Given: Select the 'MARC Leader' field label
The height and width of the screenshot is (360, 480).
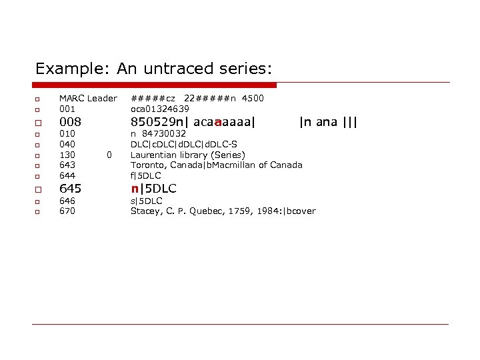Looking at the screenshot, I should point(88,98).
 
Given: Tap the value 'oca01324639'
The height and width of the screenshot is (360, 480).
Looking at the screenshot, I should point(159,109).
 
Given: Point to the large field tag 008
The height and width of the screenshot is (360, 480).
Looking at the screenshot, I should point(71,122).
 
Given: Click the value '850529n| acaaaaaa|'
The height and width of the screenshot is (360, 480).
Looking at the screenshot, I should point(193,122).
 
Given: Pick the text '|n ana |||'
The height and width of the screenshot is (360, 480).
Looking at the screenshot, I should point(328,122).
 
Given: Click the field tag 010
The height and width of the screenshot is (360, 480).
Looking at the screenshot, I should point(67,133).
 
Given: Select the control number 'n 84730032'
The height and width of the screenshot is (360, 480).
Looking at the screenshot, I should point(158,133).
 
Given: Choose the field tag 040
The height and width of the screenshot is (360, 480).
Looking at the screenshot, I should point(67,144).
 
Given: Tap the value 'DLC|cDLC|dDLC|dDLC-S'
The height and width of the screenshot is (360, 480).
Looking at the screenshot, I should point(183,144).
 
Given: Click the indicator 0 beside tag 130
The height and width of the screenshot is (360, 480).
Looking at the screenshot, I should point(109,155).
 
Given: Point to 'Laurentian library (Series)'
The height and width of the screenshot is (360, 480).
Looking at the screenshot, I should point(187,155).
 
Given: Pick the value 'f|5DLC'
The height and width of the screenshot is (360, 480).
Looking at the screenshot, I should point(145,175).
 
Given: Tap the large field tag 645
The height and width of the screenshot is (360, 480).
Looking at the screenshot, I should point(71,189).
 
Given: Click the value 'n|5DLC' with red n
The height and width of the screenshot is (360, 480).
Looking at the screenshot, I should point(153,189).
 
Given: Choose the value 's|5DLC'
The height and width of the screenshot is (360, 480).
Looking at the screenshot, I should point(146,201).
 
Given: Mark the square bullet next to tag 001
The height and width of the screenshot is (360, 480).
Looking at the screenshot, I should point(39,109).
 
